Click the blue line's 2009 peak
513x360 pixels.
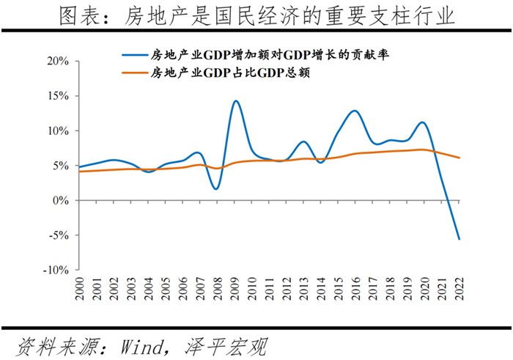(x=235, y=101)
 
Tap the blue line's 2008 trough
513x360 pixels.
(x=216, y=188)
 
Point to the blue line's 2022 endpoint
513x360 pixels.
(x=460, y=239)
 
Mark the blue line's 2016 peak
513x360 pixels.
(x=355, y=111)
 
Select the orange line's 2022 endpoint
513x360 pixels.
(x=460, y=158)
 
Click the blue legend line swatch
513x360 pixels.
(x=133, y=55)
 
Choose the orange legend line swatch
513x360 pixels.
(x=133, y=73)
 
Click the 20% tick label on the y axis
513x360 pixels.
(x=57, y=61)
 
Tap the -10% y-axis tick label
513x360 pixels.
(x=55, y=270)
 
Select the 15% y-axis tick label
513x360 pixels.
(x=57, y=96)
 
